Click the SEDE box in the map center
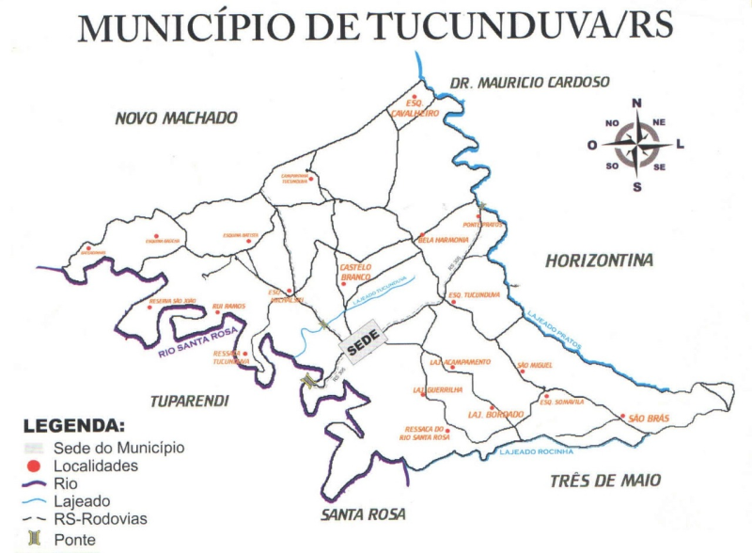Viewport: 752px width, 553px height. [359, 346]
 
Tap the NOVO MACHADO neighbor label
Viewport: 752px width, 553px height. [176, 118]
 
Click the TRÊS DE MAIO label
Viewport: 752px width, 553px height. [605, 481]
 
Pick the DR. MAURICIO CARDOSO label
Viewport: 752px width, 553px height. [530, 83]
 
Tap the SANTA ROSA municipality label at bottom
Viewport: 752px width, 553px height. [363, 514]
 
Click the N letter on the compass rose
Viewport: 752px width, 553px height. [636, 103]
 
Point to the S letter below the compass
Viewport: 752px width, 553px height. [636, 186]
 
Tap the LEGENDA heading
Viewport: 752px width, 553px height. [73, 426]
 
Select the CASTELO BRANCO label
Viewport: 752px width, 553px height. [355, 273]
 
